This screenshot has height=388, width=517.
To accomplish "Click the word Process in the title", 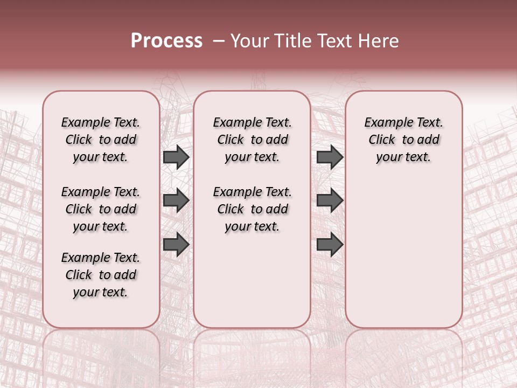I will click(166, 41).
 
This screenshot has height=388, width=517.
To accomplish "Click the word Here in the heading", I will click(378, 41).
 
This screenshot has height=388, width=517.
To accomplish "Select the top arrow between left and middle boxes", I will click(176, 157).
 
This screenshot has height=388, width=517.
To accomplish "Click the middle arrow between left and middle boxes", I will click(176, 201).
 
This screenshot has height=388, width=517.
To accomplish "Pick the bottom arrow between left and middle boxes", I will click(176, 244).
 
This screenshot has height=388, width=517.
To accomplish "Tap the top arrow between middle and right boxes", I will click(330, 157).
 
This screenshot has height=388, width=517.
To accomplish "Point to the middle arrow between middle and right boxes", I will click(330, 201).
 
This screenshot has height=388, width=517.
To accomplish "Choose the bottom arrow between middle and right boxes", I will click(330, 244).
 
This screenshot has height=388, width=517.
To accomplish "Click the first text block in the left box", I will click(101, 140).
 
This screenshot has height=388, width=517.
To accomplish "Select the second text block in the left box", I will click(101, 209).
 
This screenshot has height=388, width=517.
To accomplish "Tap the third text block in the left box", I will click(101, 275).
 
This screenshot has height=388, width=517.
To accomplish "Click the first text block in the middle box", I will click(252, 140).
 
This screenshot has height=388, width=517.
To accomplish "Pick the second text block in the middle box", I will click(252, 209).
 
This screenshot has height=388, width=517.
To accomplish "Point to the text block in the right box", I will click(403, 140).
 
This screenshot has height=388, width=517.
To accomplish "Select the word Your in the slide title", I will click(250, 41).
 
